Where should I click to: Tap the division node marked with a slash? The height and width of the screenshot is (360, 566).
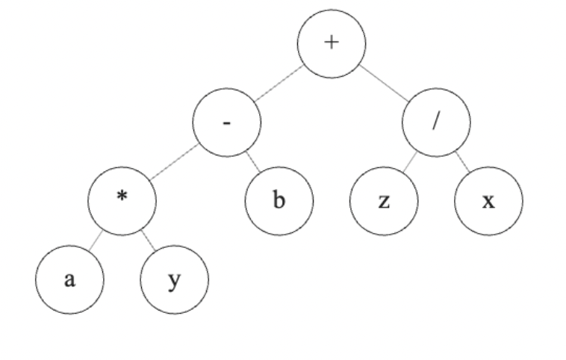click(x=437, y=123)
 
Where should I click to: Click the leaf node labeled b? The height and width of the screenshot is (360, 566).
click(x=280, y=202)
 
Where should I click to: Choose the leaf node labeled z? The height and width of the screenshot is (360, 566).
click(x=384, y=202)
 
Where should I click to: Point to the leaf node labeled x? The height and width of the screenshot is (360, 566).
click(x=489, y=202)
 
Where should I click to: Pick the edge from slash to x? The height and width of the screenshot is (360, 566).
click(x=463, y=163)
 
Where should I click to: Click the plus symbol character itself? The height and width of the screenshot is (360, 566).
click(x=332, y=42)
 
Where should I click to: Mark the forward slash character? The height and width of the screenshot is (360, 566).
click(x=437, y=122)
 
